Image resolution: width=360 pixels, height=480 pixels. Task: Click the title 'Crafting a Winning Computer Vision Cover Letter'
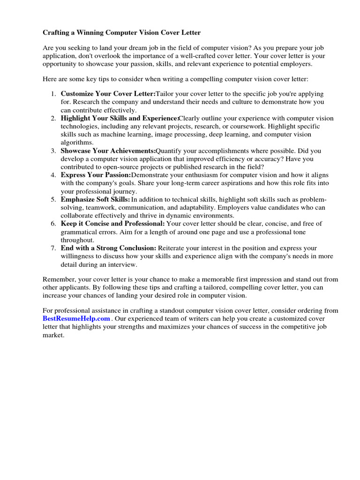121,33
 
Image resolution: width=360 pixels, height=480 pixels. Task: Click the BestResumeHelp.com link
76,318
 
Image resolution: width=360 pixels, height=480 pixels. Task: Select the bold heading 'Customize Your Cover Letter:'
108,94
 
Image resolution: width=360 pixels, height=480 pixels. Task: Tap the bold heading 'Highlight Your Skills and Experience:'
120,118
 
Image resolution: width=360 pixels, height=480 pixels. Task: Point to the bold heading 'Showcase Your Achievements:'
108,150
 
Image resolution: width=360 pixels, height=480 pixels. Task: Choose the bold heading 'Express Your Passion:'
96,175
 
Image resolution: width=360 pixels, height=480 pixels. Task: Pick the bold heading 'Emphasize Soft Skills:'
96,199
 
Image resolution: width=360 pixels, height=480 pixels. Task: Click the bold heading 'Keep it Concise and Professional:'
112,224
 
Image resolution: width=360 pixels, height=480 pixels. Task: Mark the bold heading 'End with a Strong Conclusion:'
108,248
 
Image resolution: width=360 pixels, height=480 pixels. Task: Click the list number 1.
53,94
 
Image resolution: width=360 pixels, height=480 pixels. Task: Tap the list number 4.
53,175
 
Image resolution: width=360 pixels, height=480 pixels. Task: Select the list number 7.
53,248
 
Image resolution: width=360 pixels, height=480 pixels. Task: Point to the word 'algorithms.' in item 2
77,142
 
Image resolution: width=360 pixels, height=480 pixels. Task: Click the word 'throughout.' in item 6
77,240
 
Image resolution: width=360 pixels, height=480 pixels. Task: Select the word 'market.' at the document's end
53,336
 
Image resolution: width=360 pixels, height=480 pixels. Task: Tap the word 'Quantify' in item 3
169,150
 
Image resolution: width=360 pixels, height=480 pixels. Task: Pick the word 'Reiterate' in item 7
172,248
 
